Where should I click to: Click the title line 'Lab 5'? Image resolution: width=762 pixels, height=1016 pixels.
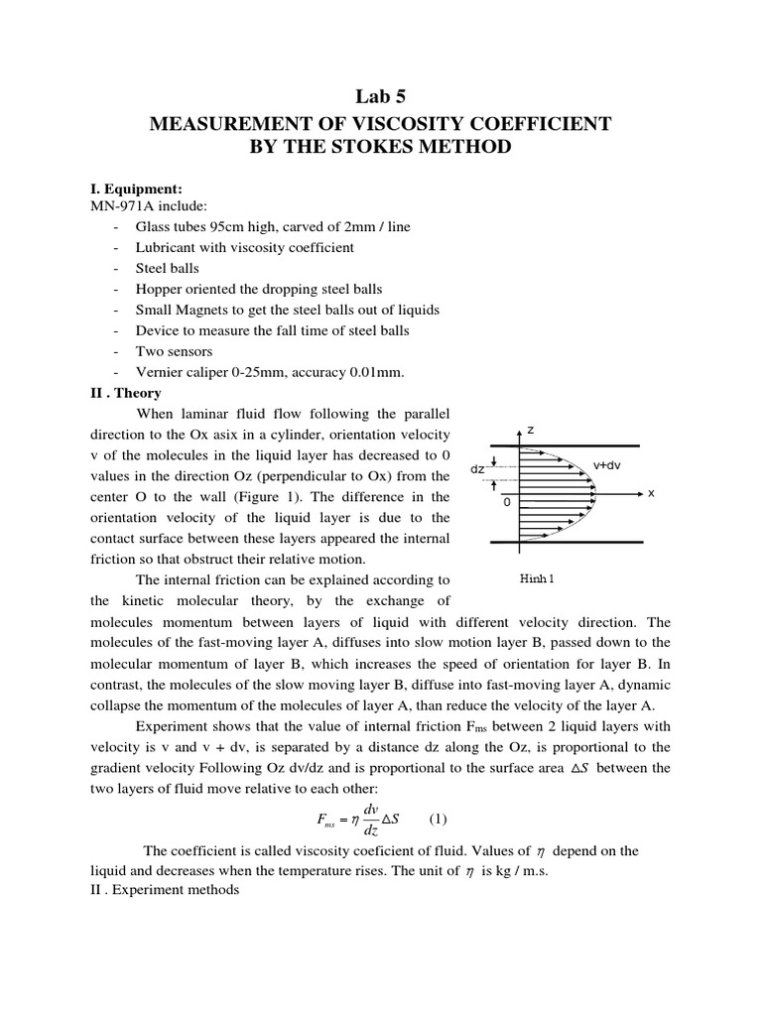380,96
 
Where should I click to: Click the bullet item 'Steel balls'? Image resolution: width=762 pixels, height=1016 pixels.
168,268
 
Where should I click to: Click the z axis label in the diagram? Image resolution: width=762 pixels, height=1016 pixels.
531,431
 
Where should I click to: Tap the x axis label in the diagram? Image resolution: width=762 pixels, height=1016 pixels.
651,493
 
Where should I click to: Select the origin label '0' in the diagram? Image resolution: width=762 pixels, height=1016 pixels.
507,502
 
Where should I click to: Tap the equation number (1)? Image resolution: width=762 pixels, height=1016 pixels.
439,819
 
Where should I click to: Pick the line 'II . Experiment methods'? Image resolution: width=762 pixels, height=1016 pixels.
165,890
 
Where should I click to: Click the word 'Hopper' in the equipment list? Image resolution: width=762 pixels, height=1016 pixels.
159,289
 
